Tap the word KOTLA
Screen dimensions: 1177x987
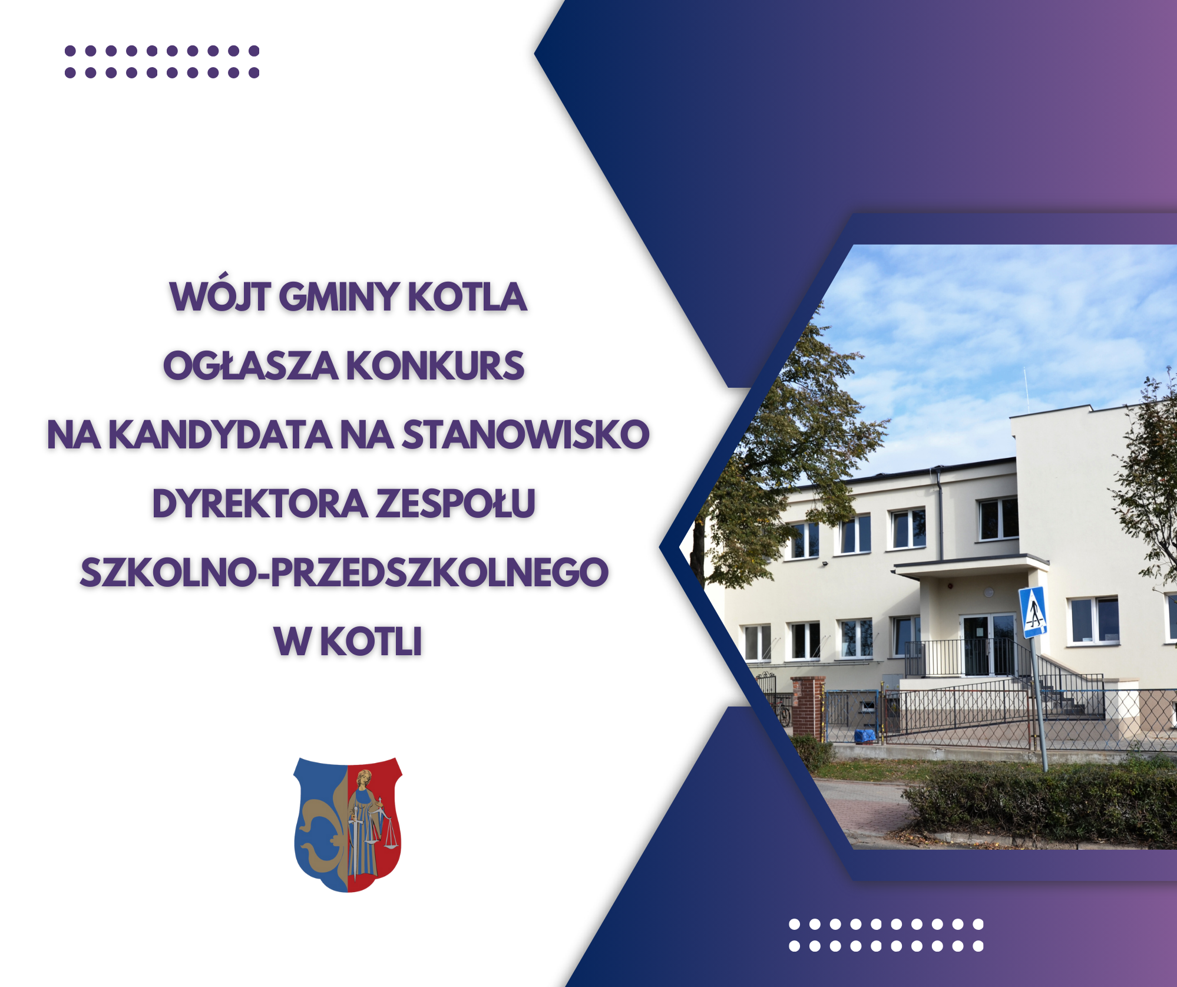tap(467, 296)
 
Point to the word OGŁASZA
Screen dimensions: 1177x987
tap(250, 365)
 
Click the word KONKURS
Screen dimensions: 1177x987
tap(435, 365)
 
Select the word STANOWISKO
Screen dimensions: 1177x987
tap(525, 435)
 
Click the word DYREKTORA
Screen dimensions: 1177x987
tap(260, 504)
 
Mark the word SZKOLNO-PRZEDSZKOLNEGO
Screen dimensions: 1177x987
tap(344, 572)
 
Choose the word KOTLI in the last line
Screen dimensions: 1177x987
tap(371, 641)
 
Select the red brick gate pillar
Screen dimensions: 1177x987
tap(808, 707)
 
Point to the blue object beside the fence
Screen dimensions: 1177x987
tap(865, 736)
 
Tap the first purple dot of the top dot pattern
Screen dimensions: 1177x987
tap(70, 51)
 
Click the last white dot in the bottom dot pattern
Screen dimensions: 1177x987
tap(978, 946)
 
